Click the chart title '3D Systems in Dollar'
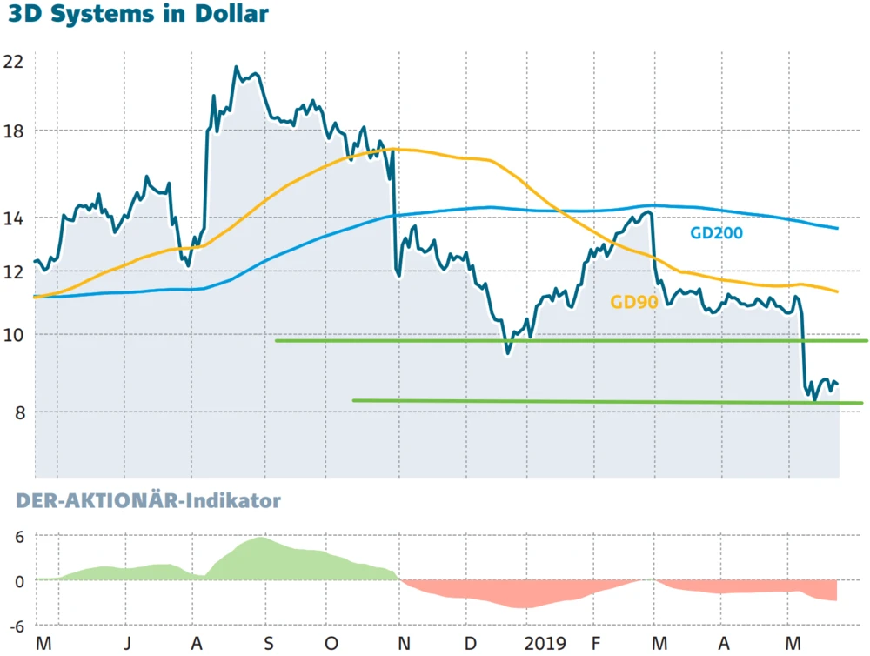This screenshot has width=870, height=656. point(137,16)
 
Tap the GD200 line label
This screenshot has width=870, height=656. point(716,233)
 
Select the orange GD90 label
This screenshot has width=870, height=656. point(633,303)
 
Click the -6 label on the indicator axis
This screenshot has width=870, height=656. point(16,626)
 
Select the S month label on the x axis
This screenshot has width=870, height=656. point(269,644)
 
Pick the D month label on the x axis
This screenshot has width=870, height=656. point(470,644)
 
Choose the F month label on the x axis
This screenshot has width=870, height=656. point(596,644)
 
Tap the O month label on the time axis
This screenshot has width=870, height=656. point(331,644)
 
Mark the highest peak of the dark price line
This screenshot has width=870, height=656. point(236,67)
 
